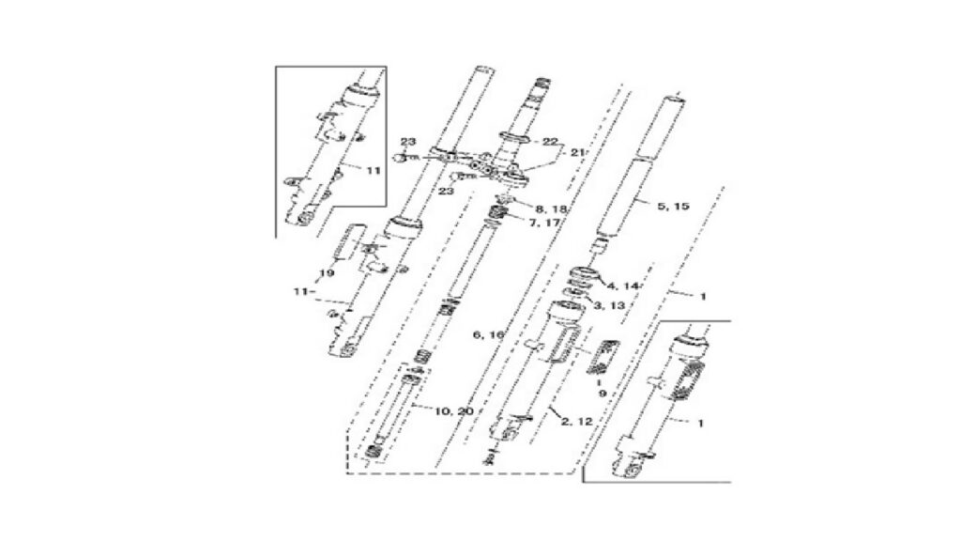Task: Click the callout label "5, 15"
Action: coord(673,206)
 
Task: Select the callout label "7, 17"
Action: coord(544,223)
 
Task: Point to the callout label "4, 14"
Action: coord(623,286)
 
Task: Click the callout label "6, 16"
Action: coord(488,335)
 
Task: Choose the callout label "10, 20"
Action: coord(454,411)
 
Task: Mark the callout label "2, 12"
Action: coord(577,422)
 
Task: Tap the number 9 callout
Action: coord(602,394)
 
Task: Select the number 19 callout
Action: coord(327,273)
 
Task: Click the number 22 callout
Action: coord(550,142)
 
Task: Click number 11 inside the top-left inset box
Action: coord(374,171)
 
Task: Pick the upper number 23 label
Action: coord(408,142)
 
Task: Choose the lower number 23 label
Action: coord(446,192)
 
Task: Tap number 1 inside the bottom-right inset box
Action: coord(700,423)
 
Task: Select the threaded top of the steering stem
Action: coord(542,84)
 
